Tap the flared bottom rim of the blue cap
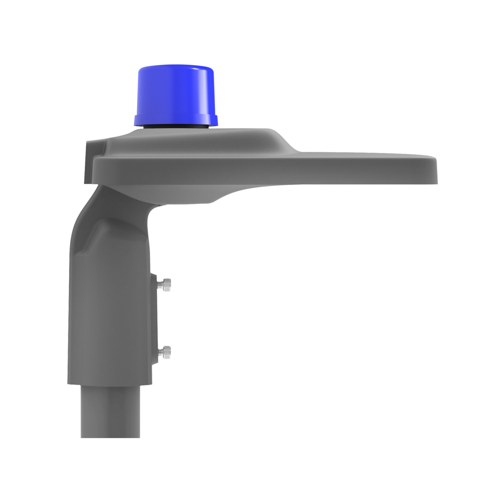(176, 120)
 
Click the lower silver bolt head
(167, 353)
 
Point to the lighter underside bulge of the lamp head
(186, 194)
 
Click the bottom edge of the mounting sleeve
(109, 384)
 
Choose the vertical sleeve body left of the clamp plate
(109, 318)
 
